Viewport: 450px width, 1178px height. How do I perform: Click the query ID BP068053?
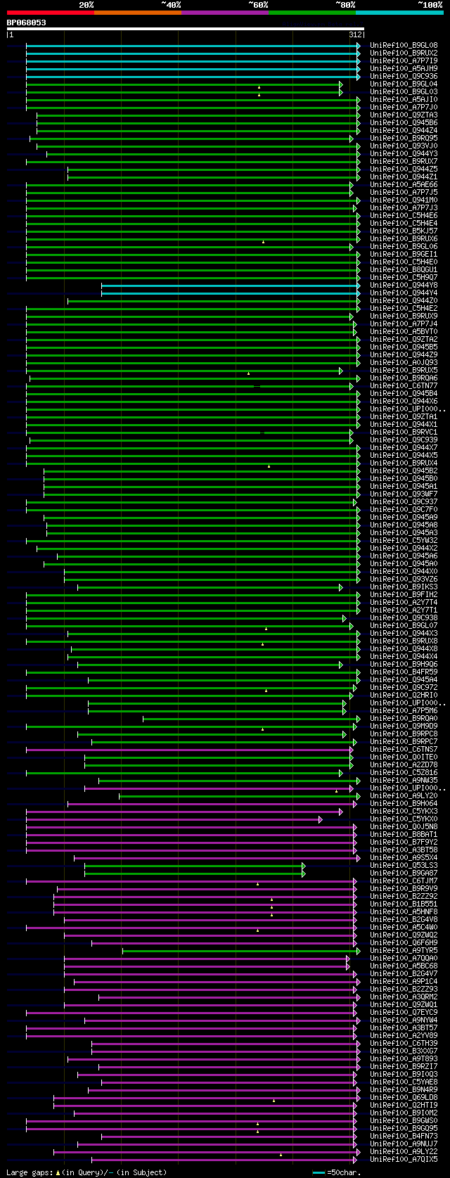click(27, 23)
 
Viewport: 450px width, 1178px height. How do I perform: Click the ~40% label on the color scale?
click(171, 4)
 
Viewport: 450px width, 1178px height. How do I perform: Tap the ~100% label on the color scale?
click(430, 4)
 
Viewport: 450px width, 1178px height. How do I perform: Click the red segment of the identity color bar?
click(50, 13)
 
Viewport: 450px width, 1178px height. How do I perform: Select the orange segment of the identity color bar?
click(137, 13)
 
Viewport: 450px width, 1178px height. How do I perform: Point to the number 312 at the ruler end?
click(354, 34)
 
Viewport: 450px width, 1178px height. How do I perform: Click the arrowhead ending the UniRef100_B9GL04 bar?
click(341, 84)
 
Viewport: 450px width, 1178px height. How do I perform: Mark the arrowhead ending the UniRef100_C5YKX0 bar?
click(321, 819)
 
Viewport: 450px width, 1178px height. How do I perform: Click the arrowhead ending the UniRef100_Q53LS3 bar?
click(304, 866)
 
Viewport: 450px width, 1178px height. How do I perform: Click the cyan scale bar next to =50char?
click(319, 1173)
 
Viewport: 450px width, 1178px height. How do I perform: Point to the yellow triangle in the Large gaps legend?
click(58, 1173)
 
